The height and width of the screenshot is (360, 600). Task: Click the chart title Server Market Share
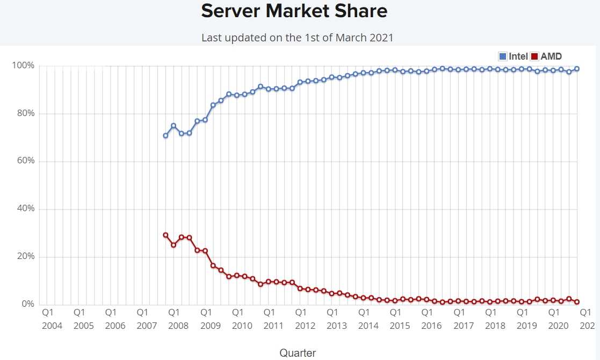click(x=294, y=11)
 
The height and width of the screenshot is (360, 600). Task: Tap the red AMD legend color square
click(x=534, y=56)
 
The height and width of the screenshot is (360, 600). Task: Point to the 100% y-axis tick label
click(x=23, y=66)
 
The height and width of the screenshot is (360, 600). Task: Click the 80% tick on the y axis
click(x=25, y=113)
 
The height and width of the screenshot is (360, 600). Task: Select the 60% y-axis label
click(x=25, y=161)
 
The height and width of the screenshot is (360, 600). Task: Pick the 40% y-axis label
click(x=25, y=209)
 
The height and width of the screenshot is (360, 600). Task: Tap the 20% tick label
click(x=25, y=257)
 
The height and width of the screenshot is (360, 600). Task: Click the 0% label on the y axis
click(x=27, y=304)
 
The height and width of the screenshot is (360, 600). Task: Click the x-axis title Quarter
click(x=298, y=352)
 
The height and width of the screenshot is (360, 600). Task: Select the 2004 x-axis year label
click(x=52, y=326)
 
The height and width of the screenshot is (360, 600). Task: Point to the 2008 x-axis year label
click(x=178, y=326)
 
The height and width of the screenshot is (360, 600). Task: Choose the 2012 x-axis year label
click(x=305, y=326)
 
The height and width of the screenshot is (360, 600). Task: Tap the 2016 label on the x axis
click(x=432, y=326)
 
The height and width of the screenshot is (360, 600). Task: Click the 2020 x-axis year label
click(x=559, y=326)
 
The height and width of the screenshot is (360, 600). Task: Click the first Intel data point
click(x=165, y=135)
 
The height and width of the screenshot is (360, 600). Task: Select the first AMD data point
click(x=165, y=235)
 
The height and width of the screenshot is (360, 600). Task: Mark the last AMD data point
click(x=577, y=302)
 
